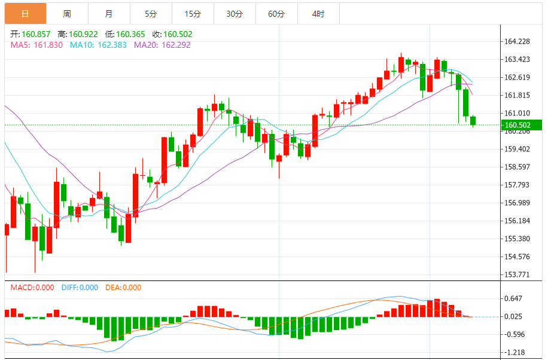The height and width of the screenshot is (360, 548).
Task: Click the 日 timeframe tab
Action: [24, 13]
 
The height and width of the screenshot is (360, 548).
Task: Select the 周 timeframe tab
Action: [67, 13]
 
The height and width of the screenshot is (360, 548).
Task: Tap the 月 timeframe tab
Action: [108, 13]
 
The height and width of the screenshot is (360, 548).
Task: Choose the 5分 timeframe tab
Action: [151, 13]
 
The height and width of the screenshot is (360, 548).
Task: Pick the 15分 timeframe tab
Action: [193, 13]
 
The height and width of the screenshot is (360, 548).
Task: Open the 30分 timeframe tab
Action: [235, 13]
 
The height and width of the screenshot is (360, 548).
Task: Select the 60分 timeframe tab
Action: [276, 13]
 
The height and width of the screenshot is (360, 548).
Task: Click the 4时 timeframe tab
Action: [318, 13]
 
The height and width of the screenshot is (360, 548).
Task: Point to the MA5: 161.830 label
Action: [36, 45]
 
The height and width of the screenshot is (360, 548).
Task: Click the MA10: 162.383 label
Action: [98, 45]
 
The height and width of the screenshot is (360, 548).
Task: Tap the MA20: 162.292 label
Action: [162, 45]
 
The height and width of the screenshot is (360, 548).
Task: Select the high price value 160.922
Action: [84, 35]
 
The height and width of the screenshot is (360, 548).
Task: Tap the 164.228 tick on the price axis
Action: [518, 41]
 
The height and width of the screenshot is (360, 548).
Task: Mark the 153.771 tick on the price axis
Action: [518, 274]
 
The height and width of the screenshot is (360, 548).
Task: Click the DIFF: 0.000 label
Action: [80, 288]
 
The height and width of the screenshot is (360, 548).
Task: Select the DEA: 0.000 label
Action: [123, 288]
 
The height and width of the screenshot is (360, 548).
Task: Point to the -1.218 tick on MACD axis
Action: [514, 353]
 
